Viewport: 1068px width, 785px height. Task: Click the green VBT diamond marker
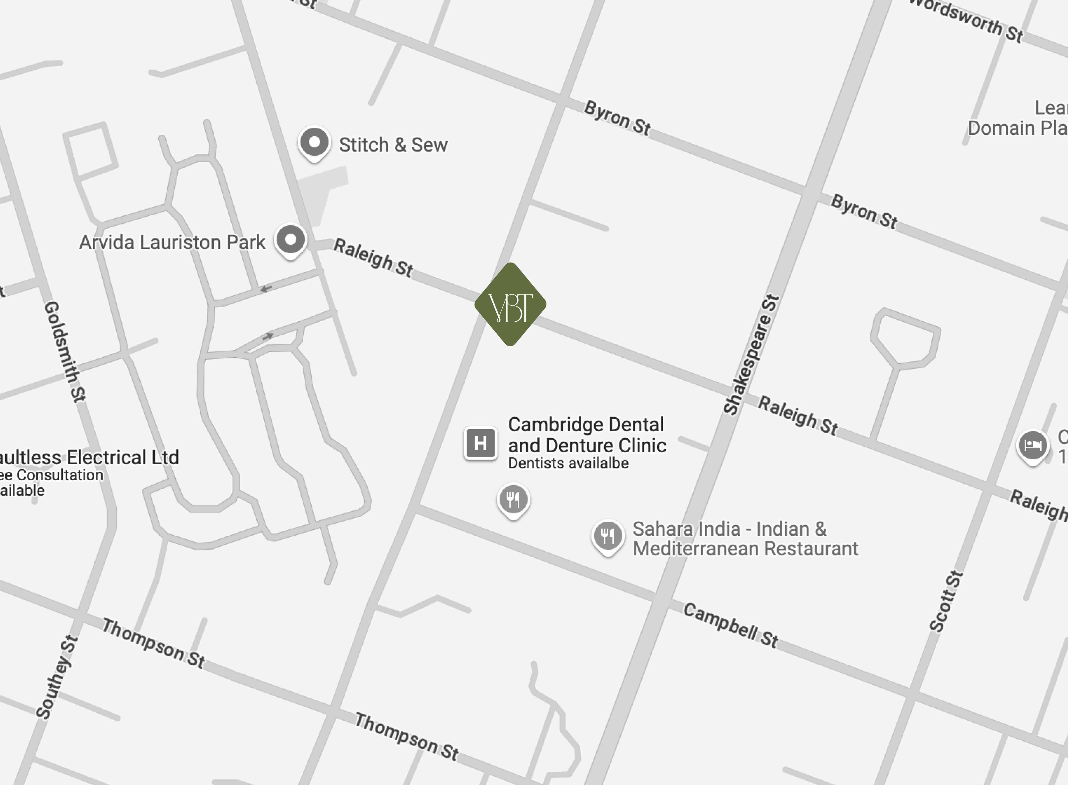point(510,304)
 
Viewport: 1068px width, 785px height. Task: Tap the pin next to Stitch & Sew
point(314,143)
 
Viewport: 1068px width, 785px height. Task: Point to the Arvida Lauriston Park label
point(172,242)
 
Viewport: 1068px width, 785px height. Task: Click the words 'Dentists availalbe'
point(568,463)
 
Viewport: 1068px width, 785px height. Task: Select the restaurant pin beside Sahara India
point(607,536)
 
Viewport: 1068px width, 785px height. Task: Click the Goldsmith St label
point(65,352)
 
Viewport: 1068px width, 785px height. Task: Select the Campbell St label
point(730,625)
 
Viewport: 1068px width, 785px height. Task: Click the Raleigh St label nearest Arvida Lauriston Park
point(373,257)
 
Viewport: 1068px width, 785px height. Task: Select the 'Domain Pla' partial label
point(1017,128)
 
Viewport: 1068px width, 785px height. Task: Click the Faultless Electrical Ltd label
point(88,457)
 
